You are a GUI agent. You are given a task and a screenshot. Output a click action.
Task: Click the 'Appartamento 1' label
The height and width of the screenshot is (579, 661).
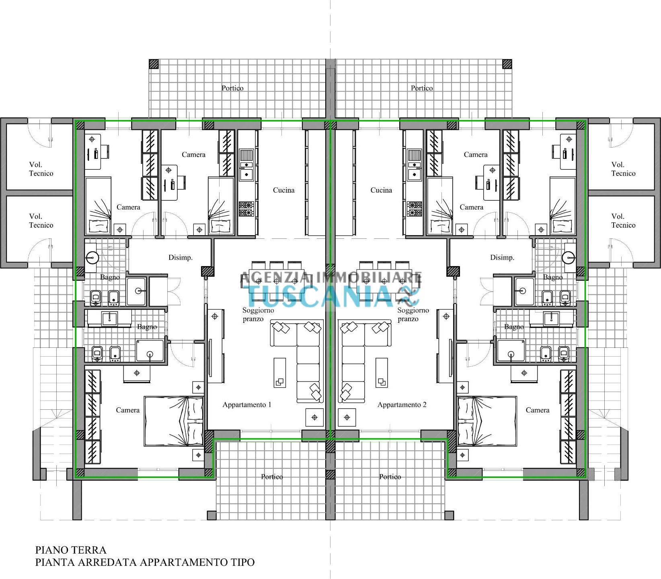tap(247, 404)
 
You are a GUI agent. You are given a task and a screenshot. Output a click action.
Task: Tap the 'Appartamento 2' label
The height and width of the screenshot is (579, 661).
tap(402, 404)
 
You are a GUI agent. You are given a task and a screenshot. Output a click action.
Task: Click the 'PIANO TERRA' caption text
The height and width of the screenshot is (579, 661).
tap(71, 550)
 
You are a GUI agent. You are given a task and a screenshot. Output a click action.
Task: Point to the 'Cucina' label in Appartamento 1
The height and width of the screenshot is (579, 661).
tap(284, 190)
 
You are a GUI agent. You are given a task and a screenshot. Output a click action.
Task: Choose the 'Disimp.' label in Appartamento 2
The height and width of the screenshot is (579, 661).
tap(502, 257)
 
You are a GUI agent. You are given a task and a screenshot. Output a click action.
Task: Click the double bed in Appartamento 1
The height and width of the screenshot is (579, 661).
tap(174, 421)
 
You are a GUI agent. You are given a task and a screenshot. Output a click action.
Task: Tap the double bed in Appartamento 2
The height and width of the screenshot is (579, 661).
tap(487, 421)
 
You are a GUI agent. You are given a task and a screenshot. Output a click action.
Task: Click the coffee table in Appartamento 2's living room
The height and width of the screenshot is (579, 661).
tap(382, 372)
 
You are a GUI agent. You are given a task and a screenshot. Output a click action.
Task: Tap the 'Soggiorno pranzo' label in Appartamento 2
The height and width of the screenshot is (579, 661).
tap(413, 314)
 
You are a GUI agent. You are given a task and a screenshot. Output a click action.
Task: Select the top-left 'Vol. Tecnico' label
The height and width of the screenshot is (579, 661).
tap(41, 169)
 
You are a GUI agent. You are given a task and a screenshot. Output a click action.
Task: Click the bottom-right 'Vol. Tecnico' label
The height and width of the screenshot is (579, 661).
tap(623, 221)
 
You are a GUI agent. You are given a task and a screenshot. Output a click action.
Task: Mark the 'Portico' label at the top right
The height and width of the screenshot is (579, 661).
tap(422, 88)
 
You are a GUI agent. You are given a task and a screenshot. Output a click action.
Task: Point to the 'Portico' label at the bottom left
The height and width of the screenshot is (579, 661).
tap(272, 476)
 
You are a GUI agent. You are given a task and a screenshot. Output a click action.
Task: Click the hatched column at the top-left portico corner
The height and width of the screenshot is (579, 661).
tap(154, 64)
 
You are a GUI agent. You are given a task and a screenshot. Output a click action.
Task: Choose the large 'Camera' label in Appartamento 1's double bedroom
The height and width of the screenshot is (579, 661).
tap(128, 410)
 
